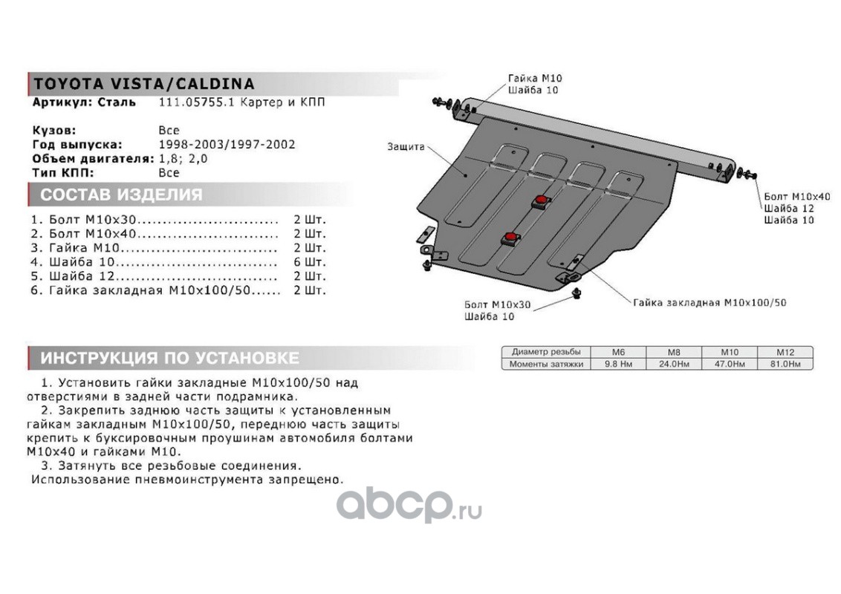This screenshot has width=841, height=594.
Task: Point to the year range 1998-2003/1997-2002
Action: click(x=227, y=144)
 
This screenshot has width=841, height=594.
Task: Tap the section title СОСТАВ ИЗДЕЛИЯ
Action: click(x=121, y=195)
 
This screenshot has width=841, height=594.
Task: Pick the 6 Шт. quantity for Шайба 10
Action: click(x=310, y=263)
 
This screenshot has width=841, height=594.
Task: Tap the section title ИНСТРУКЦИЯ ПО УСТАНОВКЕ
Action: click(x=169, y=359)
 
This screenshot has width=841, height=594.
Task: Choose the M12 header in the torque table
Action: click(x=785, y=352)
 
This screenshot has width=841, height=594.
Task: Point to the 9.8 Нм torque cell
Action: click(x=618, y=364)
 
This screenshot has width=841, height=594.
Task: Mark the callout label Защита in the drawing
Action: click(x=406, y=146)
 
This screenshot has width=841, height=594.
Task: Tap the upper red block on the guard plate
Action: click(x=540, y=200)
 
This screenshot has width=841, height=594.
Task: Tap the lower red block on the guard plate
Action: click(x=511, y=238)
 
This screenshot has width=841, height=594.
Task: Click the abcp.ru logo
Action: click(x=408, y=505)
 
